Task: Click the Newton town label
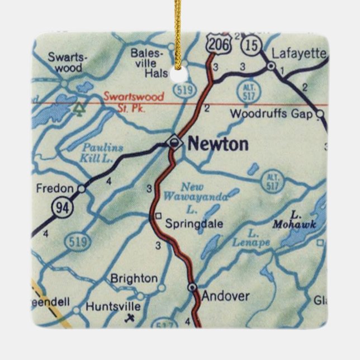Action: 218,145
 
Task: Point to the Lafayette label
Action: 299,54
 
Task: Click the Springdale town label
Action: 194,224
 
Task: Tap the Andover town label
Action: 225,296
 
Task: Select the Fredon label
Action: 54,188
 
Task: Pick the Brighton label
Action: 134,278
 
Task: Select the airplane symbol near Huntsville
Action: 131,319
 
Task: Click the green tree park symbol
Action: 79,106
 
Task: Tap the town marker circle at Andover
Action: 193,287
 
